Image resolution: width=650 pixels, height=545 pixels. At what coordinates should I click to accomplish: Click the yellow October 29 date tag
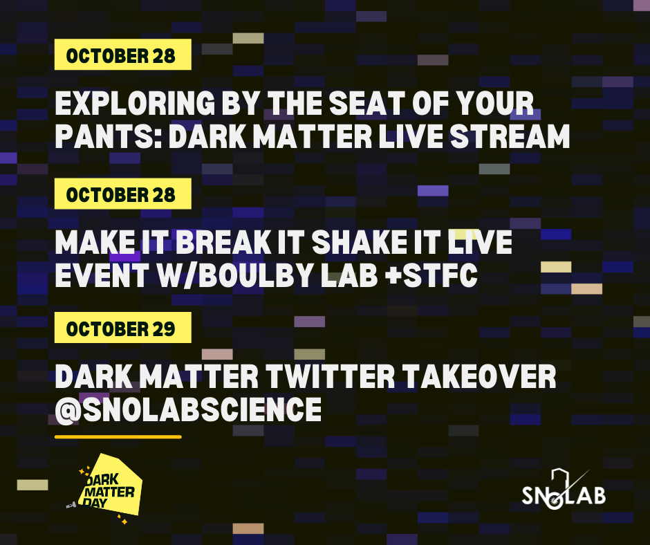(122, 328)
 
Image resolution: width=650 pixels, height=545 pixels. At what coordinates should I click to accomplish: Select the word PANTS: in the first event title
(109, 136)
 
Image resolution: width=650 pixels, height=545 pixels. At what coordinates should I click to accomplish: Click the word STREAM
(510, 136)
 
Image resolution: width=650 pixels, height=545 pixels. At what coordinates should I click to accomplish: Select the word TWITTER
(331, 377)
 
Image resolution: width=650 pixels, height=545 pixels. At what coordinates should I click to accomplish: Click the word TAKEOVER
(480, 377)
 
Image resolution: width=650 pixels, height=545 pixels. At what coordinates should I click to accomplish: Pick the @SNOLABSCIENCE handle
(188, 409)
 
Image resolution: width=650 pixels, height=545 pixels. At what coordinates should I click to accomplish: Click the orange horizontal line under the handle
(118, 436)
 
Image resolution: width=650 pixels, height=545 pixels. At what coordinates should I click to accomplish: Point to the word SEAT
(367, 103)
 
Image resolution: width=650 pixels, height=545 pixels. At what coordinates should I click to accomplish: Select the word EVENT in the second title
(102, 275)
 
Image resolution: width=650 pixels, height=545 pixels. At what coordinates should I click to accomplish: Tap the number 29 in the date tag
(163, 329)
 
